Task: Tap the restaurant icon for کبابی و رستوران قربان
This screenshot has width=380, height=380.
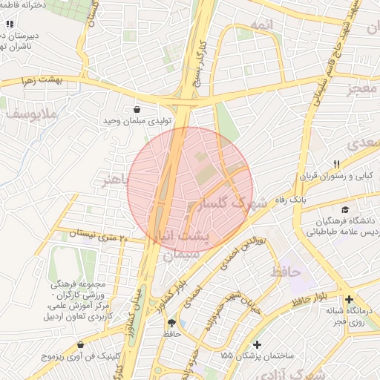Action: pyautogui.click(x=336, y=164)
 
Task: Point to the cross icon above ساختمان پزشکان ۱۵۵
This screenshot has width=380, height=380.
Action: pyautogui.click(x=257, y=344)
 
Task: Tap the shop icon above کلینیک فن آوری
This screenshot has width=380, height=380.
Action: pyautogui.click(x=80, y=345)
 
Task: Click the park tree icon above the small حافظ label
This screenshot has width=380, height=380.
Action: pyautogui.click(x=172, y=323)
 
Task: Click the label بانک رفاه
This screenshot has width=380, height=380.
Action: pyautogui.click(x=309, y=200)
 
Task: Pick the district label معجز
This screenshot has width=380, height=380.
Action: pyautogui.click(x=364, y=90)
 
